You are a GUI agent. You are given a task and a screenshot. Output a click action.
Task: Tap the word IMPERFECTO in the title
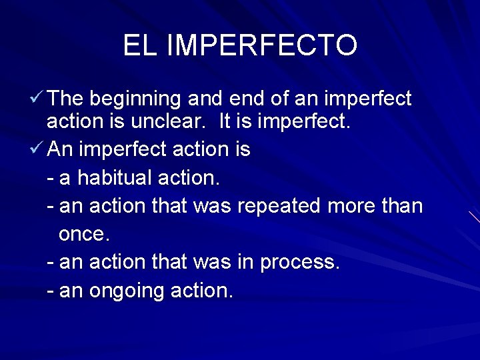[x=261, y=45]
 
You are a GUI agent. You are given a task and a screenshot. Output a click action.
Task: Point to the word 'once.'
[x=84, y=235]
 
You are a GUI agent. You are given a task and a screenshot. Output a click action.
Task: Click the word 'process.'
[x=300, y=263]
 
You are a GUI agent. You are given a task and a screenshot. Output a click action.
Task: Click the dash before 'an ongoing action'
[x=51, y=292]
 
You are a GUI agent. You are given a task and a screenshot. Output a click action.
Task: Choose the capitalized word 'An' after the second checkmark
[x=60, y=149]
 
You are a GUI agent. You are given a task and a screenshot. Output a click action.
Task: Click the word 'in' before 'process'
[x=245, y=262]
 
